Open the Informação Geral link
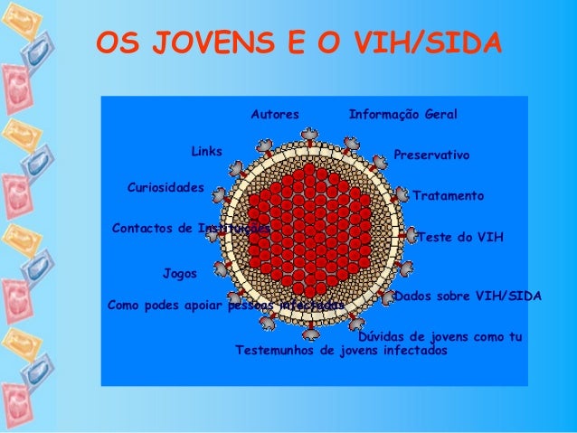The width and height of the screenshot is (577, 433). (x=402, y=116)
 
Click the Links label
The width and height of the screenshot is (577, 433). (x=207, y=150)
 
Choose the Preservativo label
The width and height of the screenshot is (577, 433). (x=431, y=155)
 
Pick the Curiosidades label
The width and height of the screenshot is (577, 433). (x=166, y=187)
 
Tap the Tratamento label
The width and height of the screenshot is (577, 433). (x=449, y=195)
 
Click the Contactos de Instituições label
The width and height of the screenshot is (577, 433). (x=190, y=228)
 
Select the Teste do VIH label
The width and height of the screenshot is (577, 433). (x=460, y=237)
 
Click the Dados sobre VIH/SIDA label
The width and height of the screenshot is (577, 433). (x=468, y=296)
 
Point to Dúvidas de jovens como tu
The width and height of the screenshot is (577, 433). (x=441, y=336)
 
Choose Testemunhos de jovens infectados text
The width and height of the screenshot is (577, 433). (x=341, y=350)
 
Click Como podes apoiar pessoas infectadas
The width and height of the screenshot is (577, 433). (x=225, y=306)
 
